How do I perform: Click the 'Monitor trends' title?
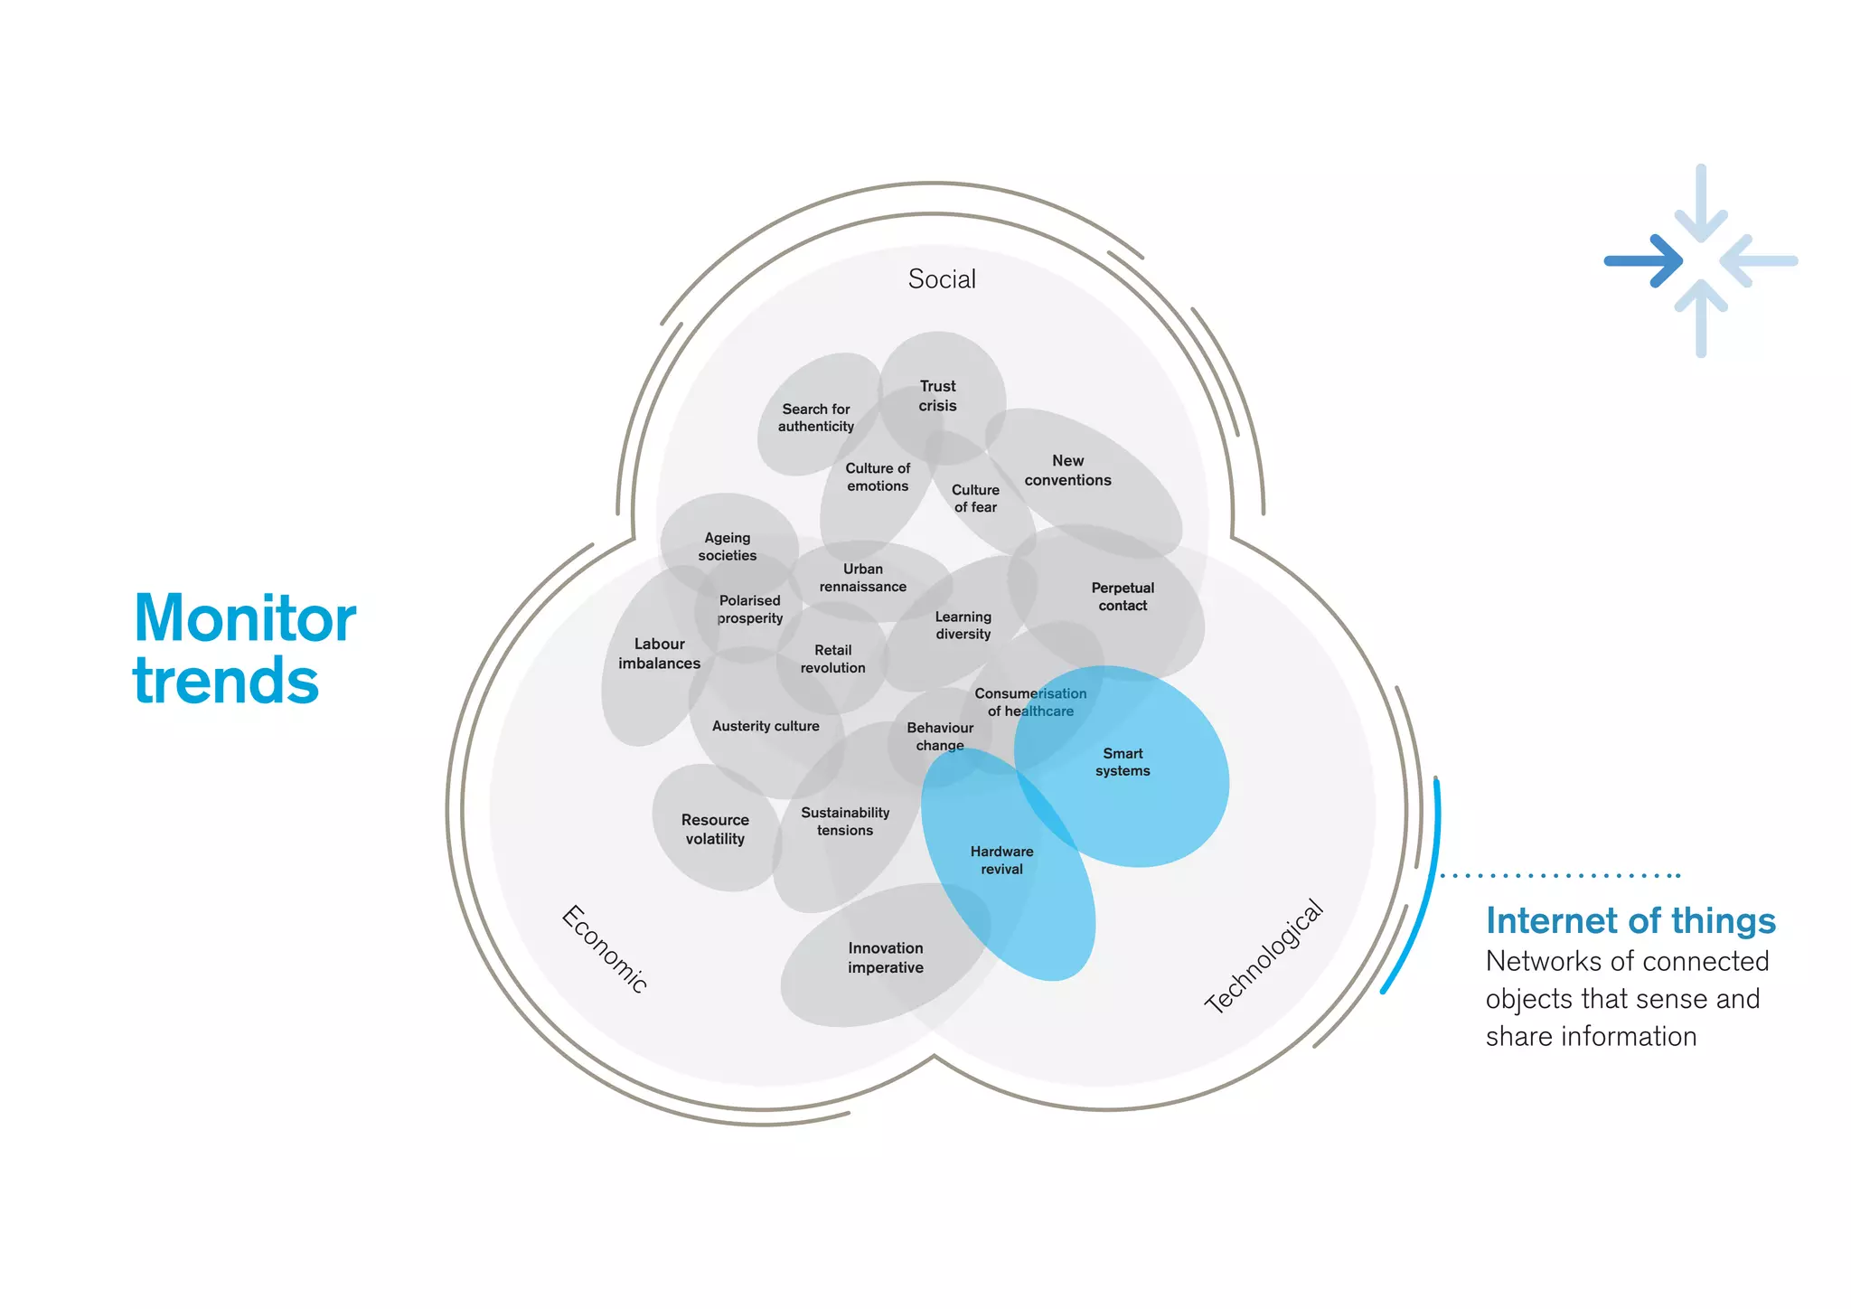click(244, 648)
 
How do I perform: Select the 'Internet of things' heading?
click(1630, 921)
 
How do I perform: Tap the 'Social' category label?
click(942, 279)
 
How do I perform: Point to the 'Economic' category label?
click(605, 948)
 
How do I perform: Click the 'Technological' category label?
click(1264, 956)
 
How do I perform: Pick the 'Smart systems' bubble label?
click(1123, 762)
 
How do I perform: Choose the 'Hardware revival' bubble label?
click(1001, 861)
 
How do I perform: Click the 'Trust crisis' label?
click(937, 396)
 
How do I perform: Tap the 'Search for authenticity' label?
click(816, 418)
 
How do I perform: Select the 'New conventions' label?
click(1067, 470)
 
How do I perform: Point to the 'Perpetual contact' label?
click(1123, 597)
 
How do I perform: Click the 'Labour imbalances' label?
click(659, 654)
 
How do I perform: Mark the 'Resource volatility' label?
click(715, 829)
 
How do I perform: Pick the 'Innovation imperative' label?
click(886, 957)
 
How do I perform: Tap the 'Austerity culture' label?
click(766, 726)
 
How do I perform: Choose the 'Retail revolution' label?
click(832, 659)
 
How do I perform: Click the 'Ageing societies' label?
click(728, 547)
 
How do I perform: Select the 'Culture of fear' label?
click(975, 498)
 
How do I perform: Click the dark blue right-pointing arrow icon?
click(1643, 261)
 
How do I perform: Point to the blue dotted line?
click(1560, 875)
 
